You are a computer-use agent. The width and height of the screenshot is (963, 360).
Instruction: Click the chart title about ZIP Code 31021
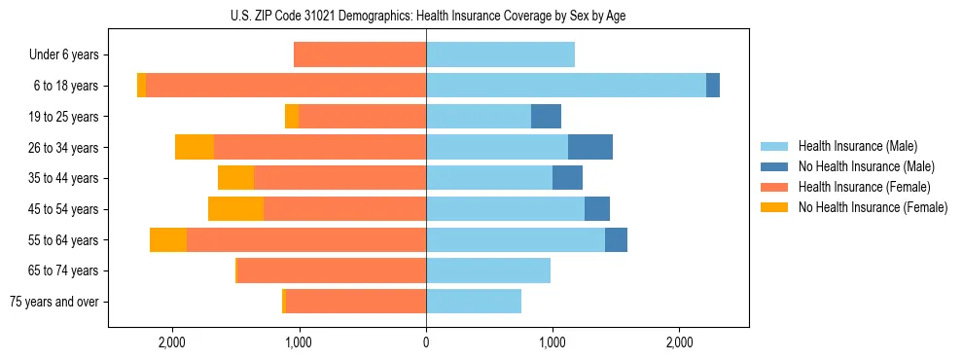pyautogui.click(x=426, y=16)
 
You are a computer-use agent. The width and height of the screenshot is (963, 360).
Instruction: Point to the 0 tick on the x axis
pyautogui.click(x=426, y=342)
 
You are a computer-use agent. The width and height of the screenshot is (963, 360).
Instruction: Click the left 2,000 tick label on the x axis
pyautogui.click(x=172, y=342)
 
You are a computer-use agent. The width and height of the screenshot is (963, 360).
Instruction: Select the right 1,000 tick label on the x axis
pyautogui.click(x=553, y=342)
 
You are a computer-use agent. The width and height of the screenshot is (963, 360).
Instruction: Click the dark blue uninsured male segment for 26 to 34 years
pyautogui.click(x=590, y=147)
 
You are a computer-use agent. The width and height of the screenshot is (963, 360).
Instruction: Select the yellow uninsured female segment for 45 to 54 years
pyautogui.click(x=236, y=209)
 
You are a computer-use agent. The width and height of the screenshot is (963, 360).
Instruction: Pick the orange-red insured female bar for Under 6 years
pyautogui.click(x=360, y=54)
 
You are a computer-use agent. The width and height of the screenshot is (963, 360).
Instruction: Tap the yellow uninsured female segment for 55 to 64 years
pyautogui.click(x=168, y=240)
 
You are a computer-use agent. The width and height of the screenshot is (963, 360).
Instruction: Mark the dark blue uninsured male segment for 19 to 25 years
pyautogui.click(x=546, y=117)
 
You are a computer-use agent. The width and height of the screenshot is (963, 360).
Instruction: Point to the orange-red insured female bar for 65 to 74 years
pyautogui.click(x=332, y=270)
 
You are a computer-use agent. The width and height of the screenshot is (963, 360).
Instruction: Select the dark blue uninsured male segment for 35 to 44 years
pyautogui.click(x=567, y=178)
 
